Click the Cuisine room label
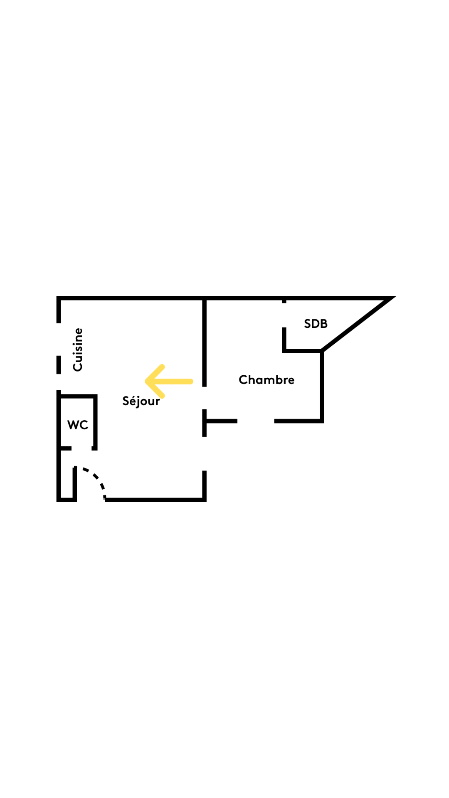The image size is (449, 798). [78, 350]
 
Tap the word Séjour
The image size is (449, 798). [141, 401]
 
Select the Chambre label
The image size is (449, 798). [266, 379]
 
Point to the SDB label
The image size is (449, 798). [316, 323]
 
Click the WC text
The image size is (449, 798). [78, 425]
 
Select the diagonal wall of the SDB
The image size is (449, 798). [358, 325]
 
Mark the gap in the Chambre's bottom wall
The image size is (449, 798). [256, 421]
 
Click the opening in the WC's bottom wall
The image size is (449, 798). [81, 448]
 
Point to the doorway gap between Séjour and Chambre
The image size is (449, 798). [204, 398]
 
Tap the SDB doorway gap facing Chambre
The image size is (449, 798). [284, 315]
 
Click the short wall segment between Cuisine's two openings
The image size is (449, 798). [59, 365]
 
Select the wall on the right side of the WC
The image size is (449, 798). [95, 422]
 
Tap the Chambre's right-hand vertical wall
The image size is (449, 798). [322, 387]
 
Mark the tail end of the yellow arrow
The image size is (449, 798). [191, 381]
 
